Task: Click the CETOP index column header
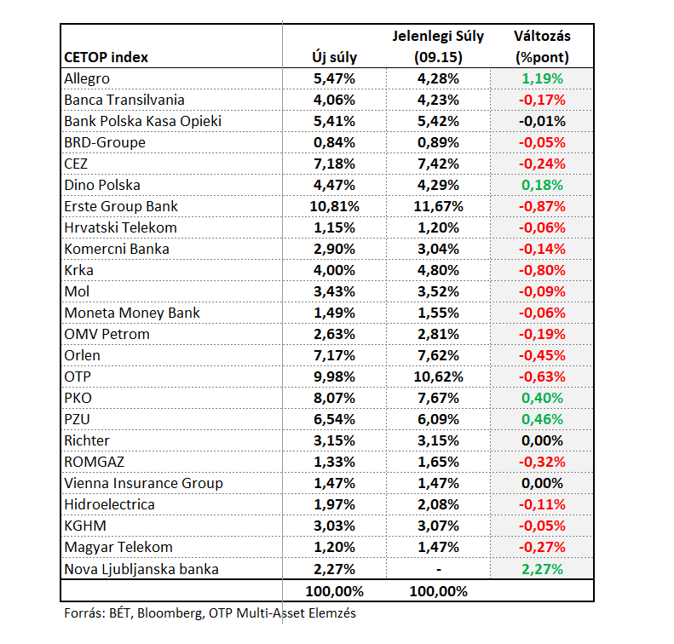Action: pyautogui.click(x=106, y=57)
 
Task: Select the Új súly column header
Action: pyautogui.click(x=334, y=57)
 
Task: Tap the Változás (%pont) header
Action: pyautogui.click(x=542, y=46)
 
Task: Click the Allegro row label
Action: pyautogui.click(x=87, y=79)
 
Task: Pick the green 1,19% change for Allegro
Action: pyautogui.click(x=542, y=78)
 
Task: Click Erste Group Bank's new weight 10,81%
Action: pyautogui.click(x=334, y=207)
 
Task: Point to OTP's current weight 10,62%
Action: pyautogui.click(x=439, y=377)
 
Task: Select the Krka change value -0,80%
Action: pyautogui.click(x=542, y=270)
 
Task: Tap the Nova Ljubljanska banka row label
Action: pyautogui.click(x=141, y=569)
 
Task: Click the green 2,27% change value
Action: pyautogui.click(x=542, y=569)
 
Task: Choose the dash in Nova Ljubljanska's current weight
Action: pyautogui.click(x=439, y=570)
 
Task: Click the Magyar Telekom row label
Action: pyautogui.click(x=118, y=548)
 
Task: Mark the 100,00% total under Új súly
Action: pyautogui.click(x=334, y=591)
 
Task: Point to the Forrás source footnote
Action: pyautogui.click(x=210, y=613)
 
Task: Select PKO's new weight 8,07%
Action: pyautogui.click(x=334, y=399)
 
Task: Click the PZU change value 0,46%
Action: pyautogui.click(x=542, y=419)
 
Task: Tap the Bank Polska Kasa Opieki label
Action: pyautogui.click(x=142, y=122)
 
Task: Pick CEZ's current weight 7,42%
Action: pyautogui.click(x=439, y=164)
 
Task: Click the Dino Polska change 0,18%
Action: pyautogui.click(x=542, y=185)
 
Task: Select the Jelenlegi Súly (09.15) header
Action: pyautogui.click(x=439, y=46)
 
